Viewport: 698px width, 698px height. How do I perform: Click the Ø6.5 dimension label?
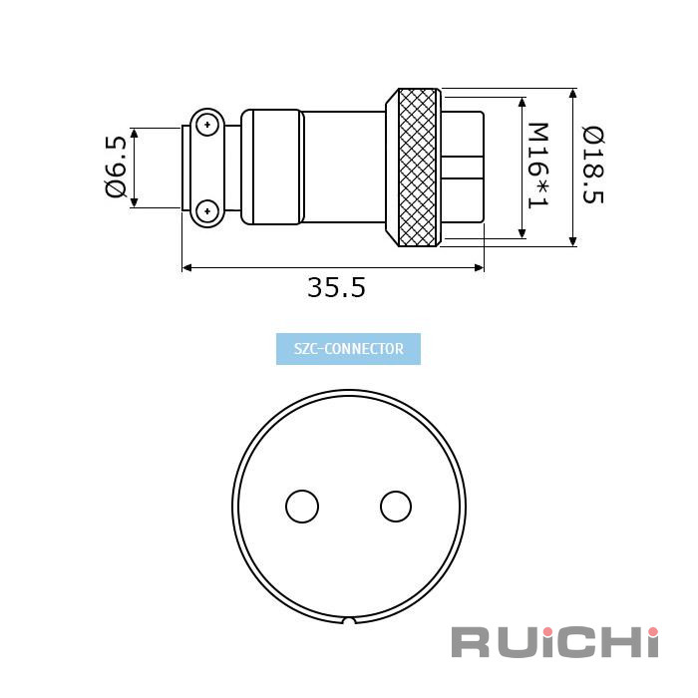click(x=117, y=167)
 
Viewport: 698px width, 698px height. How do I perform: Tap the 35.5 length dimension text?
click(x=337, y=287)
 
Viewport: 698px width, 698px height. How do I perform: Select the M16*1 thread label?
click(x=537, y=167)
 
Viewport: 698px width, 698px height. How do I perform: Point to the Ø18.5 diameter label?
click(x=593, y=166)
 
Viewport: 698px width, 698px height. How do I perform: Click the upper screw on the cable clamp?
click(x=207, y=125)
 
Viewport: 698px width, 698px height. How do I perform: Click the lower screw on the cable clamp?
click(x=207, y=210)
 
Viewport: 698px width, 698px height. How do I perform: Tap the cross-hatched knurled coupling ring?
click(x=418, y=168)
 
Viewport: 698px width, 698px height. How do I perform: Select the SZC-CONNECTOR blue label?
click(x=349, y=349)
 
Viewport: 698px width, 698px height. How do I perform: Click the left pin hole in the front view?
click(x=302, y=507)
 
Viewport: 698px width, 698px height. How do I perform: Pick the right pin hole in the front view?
click(x=396, y=507)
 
